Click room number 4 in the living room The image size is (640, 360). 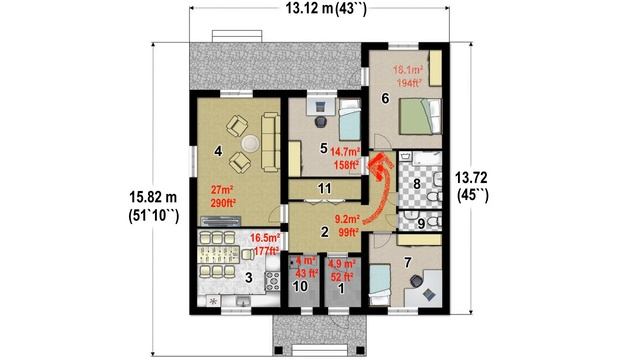217,152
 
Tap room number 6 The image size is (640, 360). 385,99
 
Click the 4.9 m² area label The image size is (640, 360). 341,270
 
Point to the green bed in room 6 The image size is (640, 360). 418,121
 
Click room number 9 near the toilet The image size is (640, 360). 421,221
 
